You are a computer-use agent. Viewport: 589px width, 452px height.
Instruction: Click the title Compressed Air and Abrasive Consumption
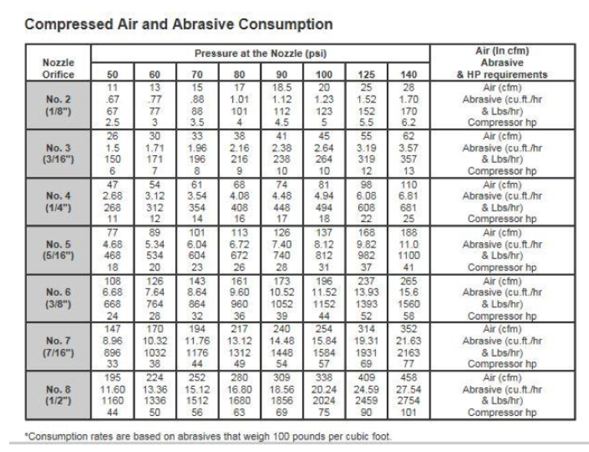tap(179, 25)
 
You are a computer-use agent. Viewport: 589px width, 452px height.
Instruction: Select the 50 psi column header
tap(112, 75)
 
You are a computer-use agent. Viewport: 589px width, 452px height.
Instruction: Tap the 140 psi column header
tap(408, 75)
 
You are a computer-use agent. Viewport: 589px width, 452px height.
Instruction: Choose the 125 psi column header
tap(366, 75)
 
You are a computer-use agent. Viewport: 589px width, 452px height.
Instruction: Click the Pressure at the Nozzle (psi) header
tap(261, 53)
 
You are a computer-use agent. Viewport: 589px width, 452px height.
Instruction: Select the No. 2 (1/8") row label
tap(58, 105)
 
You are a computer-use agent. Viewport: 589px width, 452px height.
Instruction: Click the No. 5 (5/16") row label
tap(58, 250)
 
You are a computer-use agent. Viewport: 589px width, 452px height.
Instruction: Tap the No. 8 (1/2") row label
tap(58, 395)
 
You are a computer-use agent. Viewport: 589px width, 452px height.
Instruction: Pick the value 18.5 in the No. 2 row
tap(281, 88)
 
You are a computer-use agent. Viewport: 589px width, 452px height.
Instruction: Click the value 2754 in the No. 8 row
tap(408, 400)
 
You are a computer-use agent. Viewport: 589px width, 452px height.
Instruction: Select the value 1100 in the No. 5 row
tap(408, 256)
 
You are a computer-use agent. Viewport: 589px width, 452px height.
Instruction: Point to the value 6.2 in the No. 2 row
tap(408, 122)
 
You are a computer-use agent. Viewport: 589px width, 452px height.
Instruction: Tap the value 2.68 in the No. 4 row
tap(112, 196)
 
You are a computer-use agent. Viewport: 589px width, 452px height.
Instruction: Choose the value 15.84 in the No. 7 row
tap(324, 341)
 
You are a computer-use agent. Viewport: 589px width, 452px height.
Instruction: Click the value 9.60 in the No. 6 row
tap(239, 292)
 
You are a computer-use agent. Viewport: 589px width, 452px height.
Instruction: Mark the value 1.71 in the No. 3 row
tap(155, 148)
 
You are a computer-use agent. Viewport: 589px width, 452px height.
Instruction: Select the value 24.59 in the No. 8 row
tap(366, 389)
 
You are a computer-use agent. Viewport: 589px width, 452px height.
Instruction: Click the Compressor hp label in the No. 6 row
tap(502, 316)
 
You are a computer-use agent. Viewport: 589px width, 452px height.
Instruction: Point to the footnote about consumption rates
tap(208, 437)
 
